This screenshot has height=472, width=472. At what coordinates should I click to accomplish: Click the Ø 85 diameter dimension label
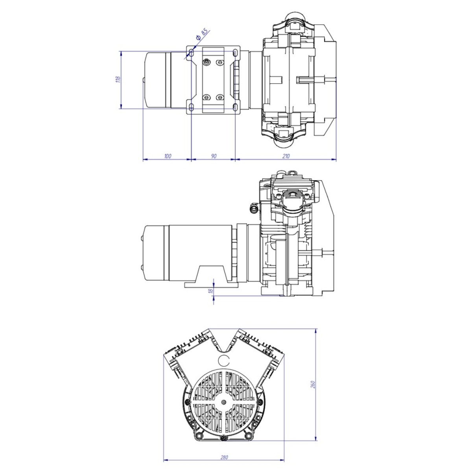tap(202, 34)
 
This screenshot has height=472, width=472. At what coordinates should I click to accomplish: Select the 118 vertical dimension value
tap(118, 79)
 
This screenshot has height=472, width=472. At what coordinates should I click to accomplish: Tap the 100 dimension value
tap(168, 156)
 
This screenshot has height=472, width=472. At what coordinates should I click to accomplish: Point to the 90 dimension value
tap(214, 156)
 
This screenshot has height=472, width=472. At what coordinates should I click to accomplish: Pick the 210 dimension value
tap(286, 156)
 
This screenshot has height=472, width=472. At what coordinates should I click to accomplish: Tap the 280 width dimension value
tap(224, 444)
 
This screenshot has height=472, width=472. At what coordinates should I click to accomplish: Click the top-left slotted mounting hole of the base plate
tap(191, 52)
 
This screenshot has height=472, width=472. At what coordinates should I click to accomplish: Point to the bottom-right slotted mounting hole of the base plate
tap(235, 107)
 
